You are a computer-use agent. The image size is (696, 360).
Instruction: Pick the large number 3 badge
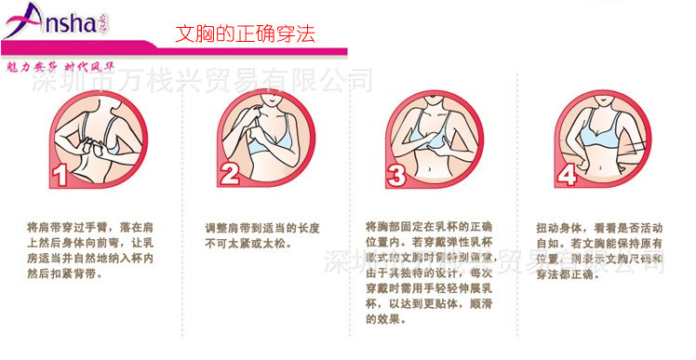coord(397,173)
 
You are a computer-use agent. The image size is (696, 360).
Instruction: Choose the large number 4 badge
coord(567,173)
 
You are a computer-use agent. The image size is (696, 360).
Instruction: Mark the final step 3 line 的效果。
coord(387,320)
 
